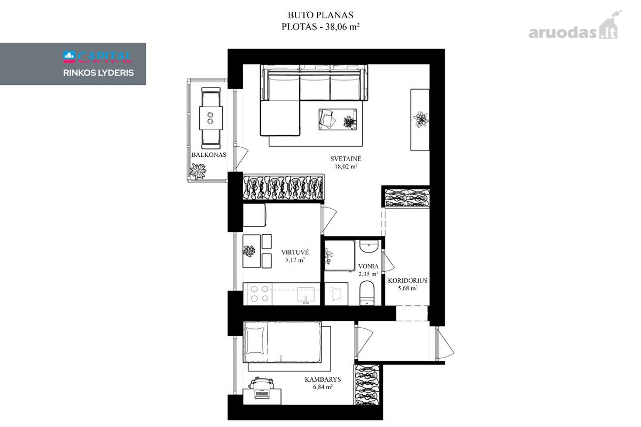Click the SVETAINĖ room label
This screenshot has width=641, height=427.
[x=346, y=159]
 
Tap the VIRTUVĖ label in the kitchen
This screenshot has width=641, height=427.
[x=295, y=252]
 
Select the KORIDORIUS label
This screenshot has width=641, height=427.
[x=408, y=281]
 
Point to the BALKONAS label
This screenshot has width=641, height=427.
[x=209, y=155]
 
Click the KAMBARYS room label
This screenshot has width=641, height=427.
[x=323, y=379]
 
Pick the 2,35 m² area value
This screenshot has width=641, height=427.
[x=368, y=274]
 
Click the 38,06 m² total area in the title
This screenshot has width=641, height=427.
[x=342, y=27]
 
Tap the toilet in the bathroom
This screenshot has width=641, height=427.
[x=367, y=293]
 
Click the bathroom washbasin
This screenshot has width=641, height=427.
[x=369, y=246]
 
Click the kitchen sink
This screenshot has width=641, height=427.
[x=306, y=295]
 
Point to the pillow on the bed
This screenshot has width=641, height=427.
[x=255, y=341]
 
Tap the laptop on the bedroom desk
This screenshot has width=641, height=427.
[x=262, y=393]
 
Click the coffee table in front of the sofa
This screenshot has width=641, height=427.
[x=338, y=119]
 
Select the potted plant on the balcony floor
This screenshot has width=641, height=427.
[x=198, y=171]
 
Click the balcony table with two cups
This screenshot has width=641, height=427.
[x=211, y=118]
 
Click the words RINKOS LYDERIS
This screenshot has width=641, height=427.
[x=98, y=73]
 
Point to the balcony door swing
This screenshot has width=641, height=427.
[x=241, y=157]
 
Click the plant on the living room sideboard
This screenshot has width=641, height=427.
[x=421, y=119]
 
